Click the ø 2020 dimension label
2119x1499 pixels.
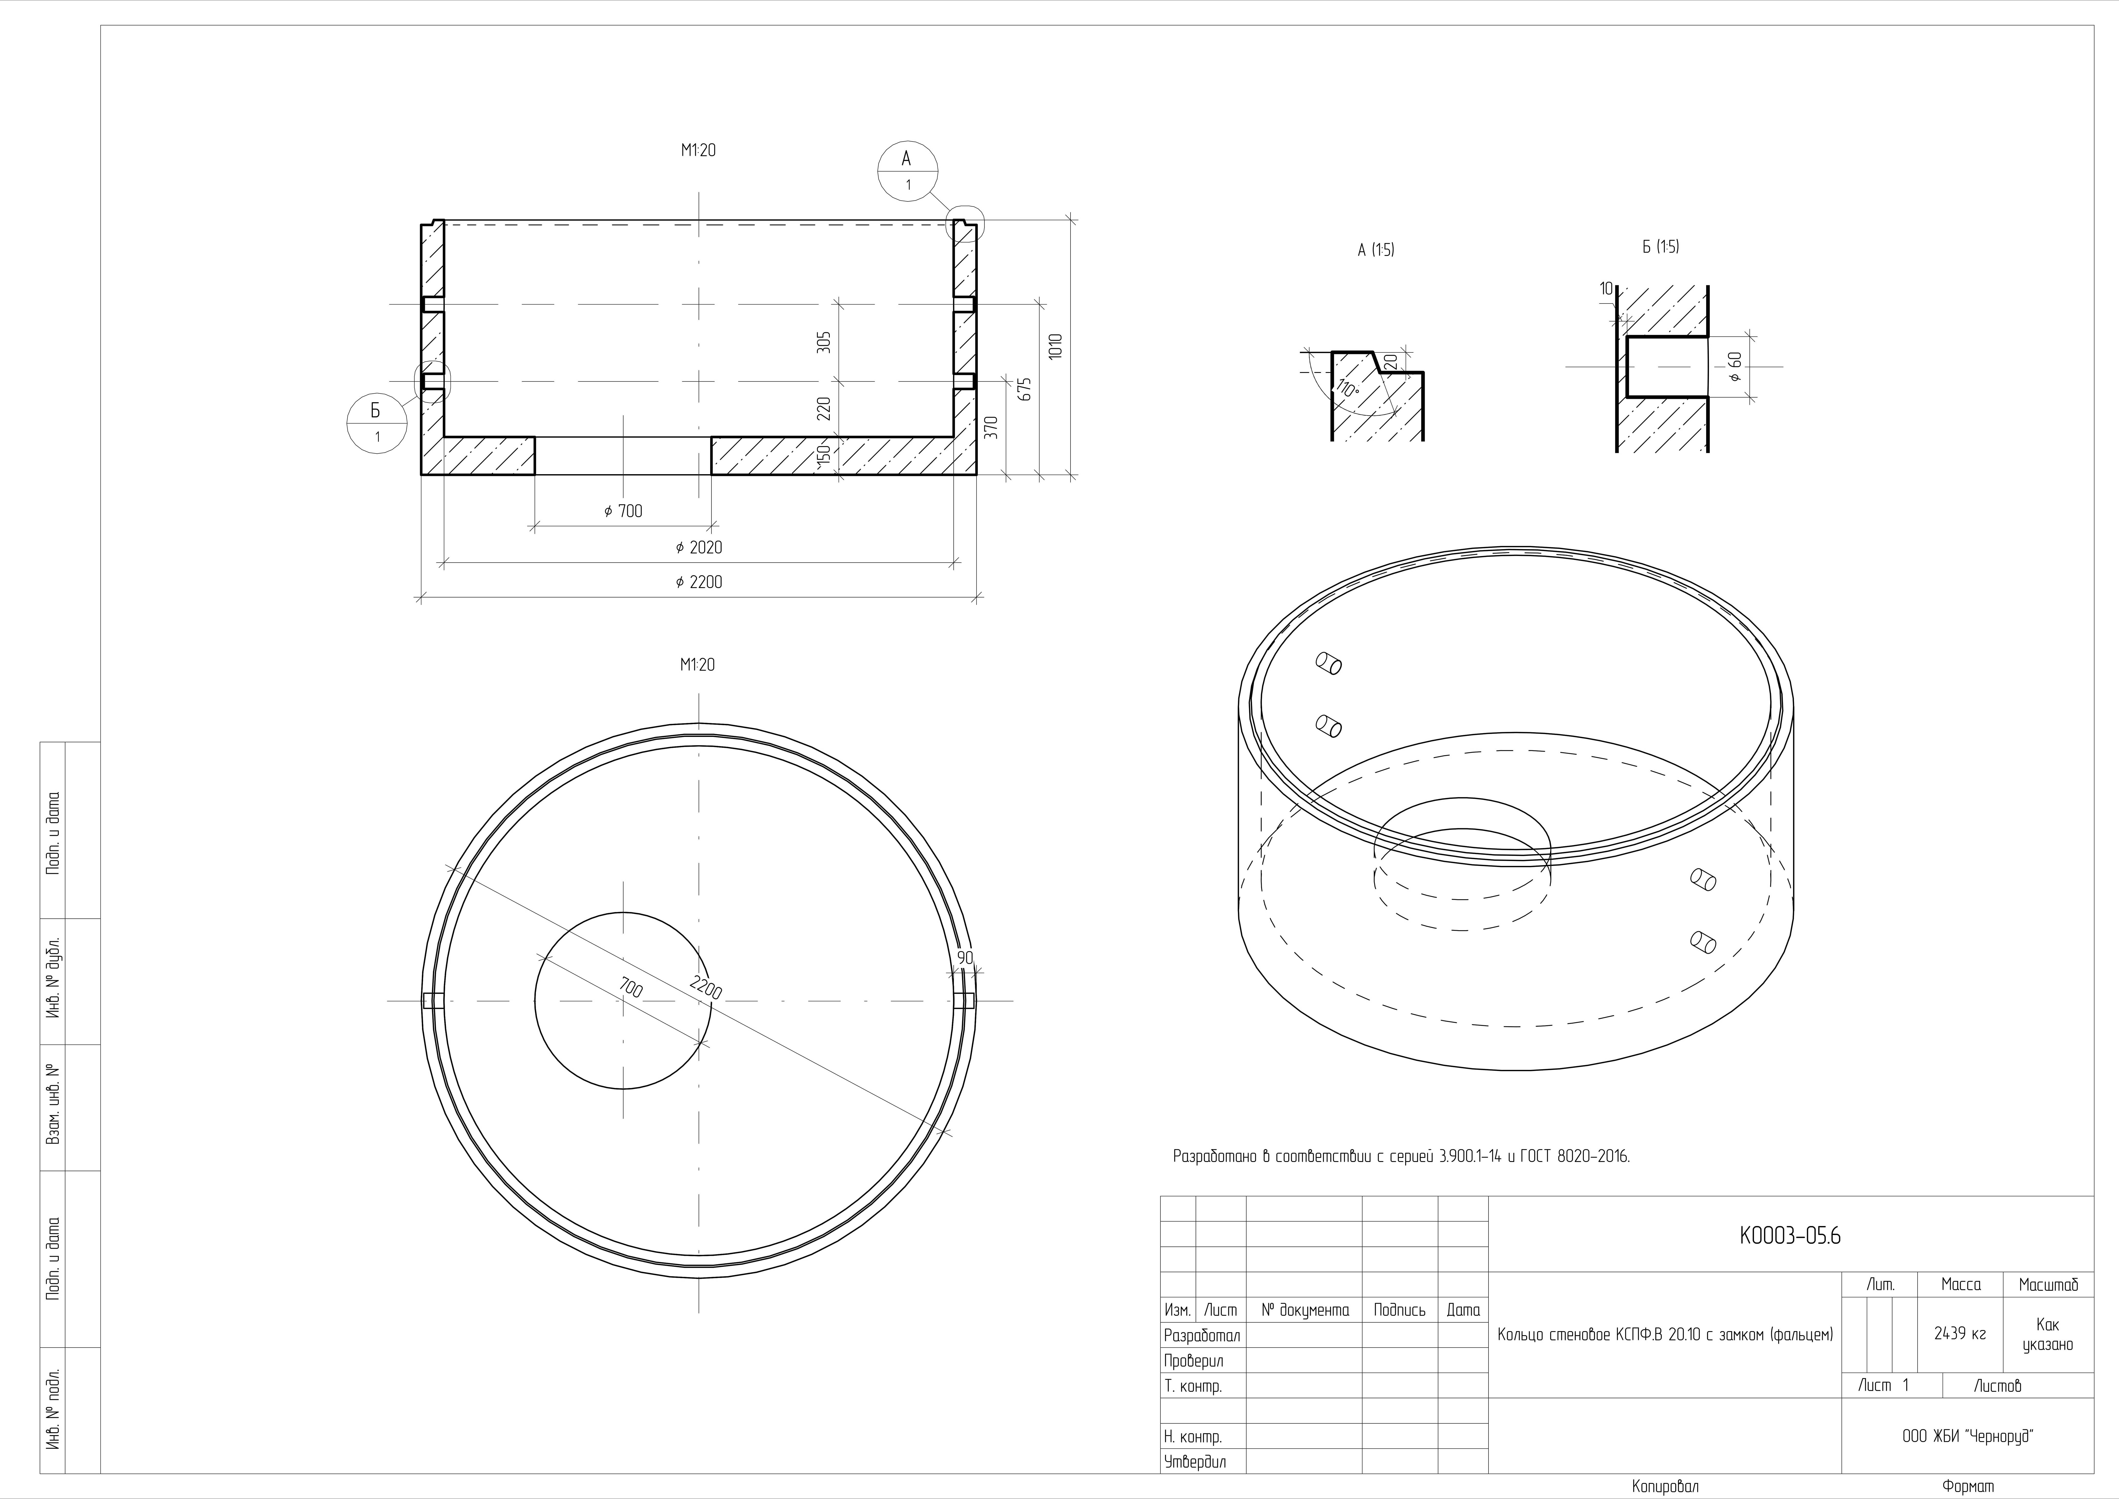click(x=699, y=547)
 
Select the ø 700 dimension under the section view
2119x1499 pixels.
click(x=623, y=510)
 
